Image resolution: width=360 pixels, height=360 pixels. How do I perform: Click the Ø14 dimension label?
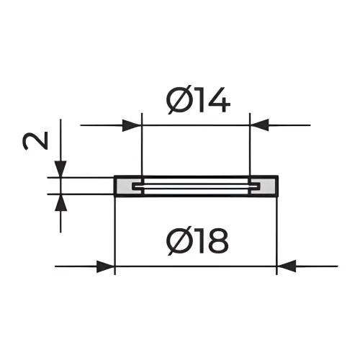(199, 99)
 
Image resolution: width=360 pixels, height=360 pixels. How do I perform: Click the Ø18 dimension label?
(198, 240)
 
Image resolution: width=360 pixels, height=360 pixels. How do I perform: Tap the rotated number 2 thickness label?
(36, 141)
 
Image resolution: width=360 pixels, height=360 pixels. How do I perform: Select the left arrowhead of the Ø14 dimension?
(131, 125)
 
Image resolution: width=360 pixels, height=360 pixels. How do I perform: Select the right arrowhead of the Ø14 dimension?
(259, 125)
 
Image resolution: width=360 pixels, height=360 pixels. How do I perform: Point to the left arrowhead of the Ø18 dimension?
(105, 266)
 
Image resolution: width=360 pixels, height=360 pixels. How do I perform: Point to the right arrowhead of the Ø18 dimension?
(287, 266)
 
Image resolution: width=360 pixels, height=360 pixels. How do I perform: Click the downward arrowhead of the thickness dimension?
(60, 169)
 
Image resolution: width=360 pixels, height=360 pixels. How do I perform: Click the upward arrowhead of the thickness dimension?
(60, 202)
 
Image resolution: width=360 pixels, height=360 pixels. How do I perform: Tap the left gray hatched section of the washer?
(125, 186)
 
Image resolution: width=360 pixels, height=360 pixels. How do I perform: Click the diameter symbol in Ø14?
(177, 99)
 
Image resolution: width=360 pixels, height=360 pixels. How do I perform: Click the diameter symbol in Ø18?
(177, 240)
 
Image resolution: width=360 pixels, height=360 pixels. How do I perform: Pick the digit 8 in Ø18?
(217, 240)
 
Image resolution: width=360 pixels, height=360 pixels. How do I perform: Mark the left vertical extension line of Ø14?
(142, 144)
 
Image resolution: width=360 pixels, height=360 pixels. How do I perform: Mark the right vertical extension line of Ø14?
(250, 144)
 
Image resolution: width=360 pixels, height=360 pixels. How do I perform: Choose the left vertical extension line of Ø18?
(115, 235)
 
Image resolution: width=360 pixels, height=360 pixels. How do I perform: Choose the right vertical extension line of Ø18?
(276, 235)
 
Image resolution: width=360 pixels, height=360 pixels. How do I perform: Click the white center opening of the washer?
(197, 186)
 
